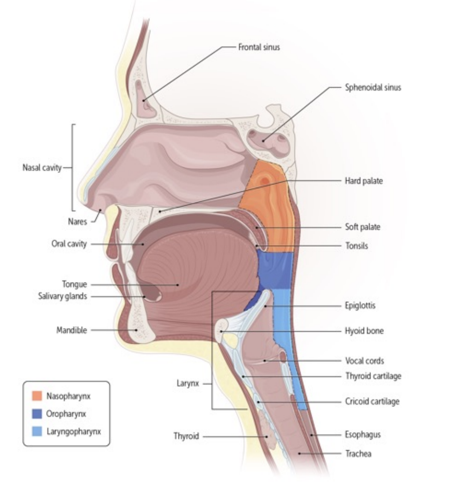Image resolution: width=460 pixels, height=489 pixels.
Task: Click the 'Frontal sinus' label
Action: pos(259,47)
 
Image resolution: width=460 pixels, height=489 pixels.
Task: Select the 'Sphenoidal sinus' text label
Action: pos(373,88)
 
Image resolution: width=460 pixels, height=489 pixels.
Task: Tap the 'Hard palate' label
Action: pos(364,181)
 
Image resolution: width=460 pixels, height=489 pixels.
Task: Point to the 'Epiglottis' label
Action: pos(360,306)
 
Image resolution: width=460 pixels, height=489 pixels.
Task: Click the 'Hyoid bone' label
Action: pos(364,331)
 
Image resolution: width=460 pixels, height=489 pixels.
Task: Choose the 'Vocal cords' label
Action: pos(364,361)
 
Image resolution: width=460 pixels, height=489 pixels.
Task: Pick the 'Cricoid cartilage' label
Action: pos(372,401)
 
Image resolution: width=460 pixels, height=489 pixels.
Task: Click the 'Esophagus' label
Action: pos(363,435)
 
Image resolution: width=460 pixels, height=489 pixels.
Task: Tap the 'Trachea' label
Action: pos(358,454)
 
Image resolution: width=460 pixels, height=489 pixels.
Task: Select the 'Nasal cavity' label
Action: pos(42,167)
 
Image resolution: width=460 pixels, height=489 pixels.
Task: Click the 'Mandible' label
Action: pos(72,330)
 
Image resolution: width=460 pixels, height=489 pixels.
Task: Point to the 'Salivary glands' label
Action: pos(63,296)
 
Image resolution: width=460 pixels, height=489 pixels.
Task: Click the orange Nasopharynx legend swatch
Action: pos(37,396)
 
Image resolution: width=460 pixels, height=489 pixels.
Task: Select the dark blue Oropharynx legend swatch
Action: pos(37,414)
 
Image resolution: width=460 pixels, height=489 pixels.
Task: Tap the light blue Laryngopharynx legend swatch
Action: pos(37,431)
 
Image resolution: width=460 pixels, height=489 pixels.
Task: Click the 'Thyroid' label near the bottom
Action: pos(186,436)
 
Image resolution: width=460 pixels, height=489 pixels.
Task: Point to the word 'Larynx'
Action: pos(188,383)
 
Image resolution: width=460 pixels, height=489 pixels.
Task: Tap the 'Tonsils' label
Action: pos(356,246)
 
